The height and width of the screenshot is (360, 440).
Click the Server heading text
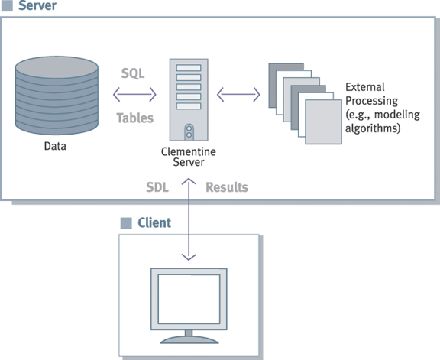tap(37, 5)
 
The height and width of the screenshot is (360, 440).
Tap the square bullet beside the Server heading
tap(7, 5)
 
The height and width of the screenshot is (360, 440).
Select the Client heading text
tap(154, 222)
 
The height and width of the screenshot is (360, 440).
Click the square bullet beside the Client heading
tap(126, 223)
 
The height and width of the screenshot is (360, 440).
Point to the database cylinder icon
tap(57, 96)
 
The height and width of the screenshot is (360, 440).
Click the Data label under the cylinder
tap(55, 146)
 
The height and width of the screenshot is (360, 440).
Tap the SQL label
tap(133, 73)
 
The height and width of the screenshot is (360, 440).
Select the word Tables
tap(135, 118)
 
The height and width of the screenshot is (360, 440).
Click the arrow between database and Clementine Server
tap(134, 94)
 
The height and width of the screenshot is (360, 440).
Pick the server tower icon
tap(189, 99)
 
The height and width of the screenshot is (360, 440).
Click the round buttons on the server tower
tap(189, 131)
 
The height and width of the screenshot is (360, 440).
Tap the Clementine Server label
tap(189, 157)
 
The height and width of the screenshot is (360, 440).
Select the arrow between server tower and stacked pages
tap(238, 94)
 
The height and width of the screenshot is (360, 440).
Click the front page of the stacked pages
tap(324, 122)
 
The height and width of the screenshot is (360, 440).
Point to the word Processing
tap(371, 101)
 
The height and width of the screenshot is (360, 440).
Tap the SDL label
tap(157, 187)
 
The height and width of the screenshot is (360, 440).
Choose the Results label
tap(227, 187)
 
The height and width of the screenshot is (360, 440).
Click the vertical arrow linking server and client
tap(189, 219)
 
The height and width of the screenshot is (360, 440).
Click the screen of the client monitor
tap(189, 299)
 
